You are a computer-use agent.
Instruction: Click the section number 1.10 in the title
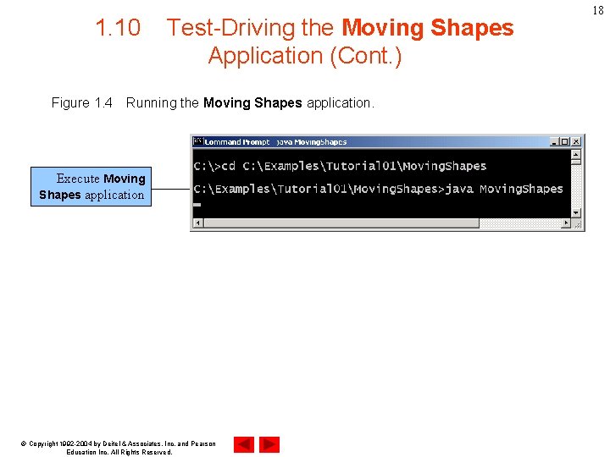tap(118, 28)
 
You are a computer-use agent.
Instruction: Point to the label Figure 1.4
tap(81, 102)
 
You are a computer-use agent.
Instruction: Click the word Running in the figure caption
tap(151, 102)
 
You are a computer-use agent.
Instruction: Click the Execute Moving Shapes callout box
tap(91, 187)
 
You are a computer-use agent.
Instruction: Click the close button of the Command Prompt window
tap(576, 141)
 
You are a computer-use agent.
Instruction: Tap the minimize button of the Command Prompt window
tap(556, 141)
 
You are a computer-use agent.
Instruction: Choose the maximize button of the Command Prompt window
tap(566, 141)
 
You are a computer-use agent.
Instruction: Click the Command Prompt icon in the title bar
tap(198, 141)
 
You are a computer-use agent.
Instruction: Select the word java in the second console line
tap(458, 189)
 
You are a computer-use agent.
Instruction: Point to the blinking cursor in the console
tap(197, 205)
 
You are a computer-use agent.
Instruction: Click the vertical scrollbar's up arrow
tap(577, 154)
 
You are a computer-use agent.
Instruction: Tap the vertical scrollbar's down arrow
tap(577, 212)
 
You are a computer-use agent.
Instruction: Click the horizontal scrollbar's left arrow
tap(197, 223)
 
